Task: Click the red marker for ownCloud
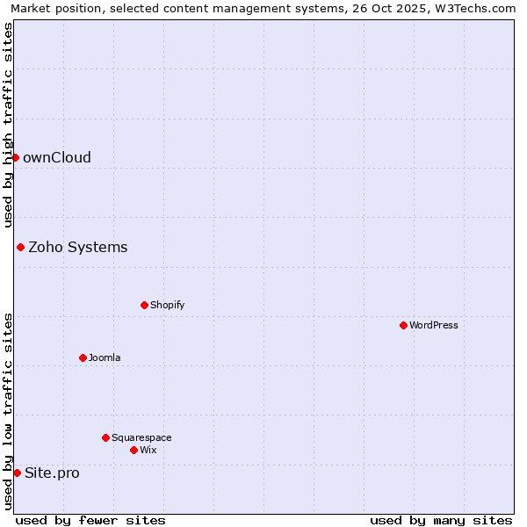click(x=15, y=157)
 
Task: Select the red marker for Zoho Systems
click(x=20, y=247)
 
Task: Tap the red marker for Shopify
click(x=144, y=305)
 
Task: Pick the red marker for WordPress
click(x=403, y=325)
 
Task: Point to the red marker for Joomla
click(x=83, y=357)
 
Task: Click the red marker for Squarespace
click(x=105, y=437)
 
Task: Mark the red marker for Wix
click(x=134, y=450)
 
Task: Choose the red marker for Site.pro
click(x=17, y=473)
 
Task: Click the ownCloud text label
click(x=57, y=158)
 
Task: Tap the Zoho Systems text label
click(x=78, y=248)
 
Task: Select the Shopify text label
click(x=167, y=306)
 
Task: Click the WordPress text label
click(x=434, y=326)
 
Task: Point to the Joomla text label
click(x=105, y=358)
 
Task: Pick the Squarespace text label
click(x=141, y=438)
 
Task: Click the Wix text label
click(x=148, y=451)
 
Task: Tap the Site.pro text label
click(x=52, y=473)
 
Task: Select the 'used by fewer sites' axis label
click(x=90, y=520)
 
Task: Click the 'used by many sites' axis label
click(x=441, y=520)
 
